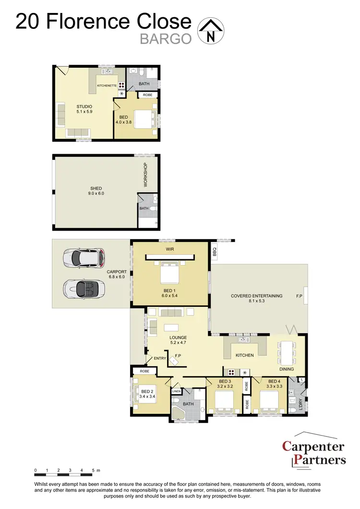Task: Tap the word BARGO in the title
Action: pyautogui.click(x=166, y=39)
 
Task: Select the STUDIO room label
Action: pyautogui.click(x=84, y=107)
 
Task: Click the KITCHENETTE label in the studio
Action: pyautogui.click(x=107, y=85)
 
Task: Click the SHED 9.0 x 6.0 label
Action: pyautogui.click(x=96, y=191)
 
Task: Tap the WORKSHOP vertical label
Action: pyautogui.click(x=145, y=175)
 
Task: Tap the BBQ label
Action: pyautogui.click(x=215, y=251)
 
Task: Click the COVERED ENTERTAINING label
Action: pyautogui.click(x=256, y=296)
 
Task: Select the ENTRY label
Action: pyautogui.click(x=159, y=358)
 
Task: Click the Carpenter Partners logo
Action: pyautogui.click(x=313, y=453)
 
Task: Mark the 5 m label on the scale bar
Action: pyautogui.click(x=96, y=470)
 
